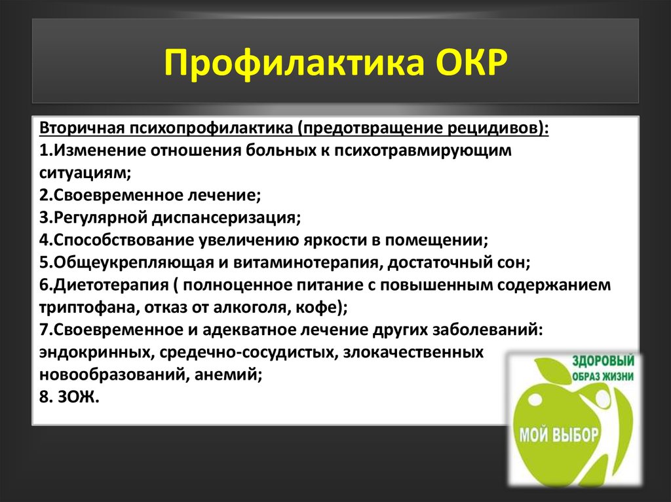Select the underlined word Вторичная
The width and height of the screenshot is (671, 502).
82,128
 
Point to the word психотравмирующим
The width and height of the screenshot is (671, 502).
423,151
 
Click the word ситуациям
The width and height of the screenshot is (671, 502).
85,173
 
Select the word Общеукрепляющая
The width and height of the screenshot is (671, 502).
134,262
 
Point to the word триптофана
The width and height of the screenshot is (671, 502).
89,308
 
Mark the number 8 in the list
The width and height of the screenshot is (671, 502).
45,397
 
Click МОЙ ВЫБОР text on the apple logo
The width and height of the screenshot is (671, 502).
559,435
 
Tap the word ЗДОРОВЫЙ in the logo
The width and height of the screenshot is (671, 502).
604,361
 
